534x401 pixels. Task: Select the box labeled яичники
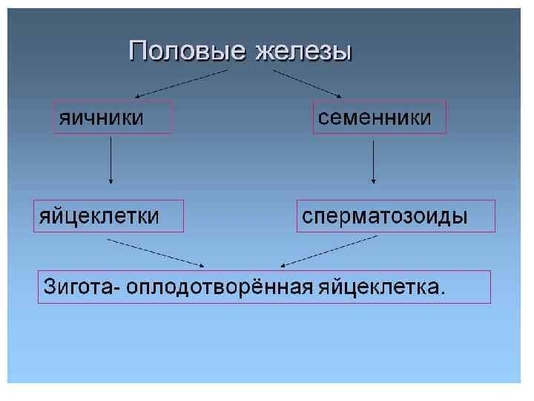(112, 117)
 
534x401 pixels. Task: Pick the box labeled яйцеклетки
(108, 215)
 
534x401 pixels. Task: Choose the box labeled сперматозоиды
(395, 215)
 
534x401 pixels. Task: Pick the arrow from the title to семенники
(306, 82)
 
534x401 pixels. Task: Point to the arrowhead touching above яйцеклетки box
(111, 180)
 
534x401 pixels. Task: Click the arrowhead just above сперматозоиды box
(373, 180)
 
